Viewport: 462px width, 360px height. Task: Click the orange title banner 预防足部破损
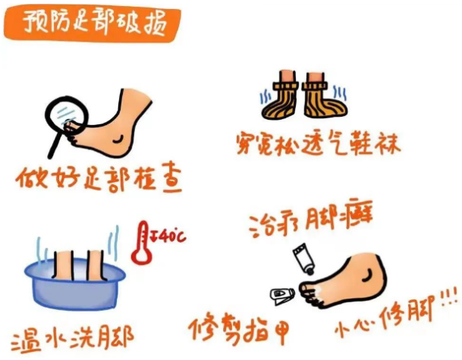(x=92, y=23)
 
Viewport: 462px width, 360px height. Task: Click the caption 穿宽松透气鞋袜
(x=318, y=144)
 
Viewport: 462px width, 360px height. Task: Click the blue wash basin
(x=75, y=283)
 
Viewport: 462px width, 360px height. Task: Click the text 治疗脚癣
(x=311, y=219)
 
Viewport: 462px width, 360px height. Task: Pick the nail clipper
(x=282, y=296)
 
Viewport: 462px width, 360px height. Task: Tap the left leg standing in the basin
(x=64, y=265)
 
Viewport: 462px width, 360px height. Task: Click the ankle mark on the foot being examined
(x=119, y=139)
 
